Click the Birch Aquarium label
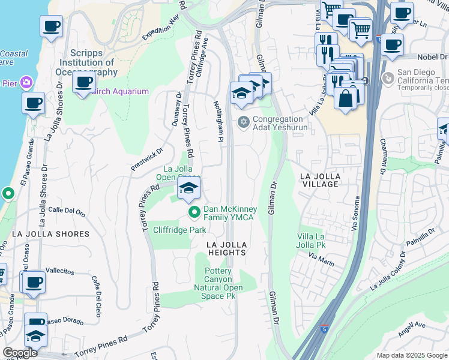point(120,91)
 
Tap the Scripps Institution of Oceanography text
point(93,62)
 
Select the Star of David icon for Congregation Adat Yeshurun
point(243,122)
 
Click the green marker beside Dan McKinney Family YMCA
point(194,212)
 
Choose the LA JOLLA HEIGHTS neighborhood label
point(228,249)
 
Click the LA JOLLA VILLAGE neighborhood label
point(319,180)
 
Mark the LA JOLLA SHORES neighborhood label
point(50,233)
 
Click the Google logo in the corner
point(20,353)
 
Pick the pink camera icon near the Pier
point(26,82)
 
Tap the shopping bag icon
point(346,99)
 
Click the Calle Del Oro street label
point(67,211)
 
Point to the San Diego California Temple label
point(420,77)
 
